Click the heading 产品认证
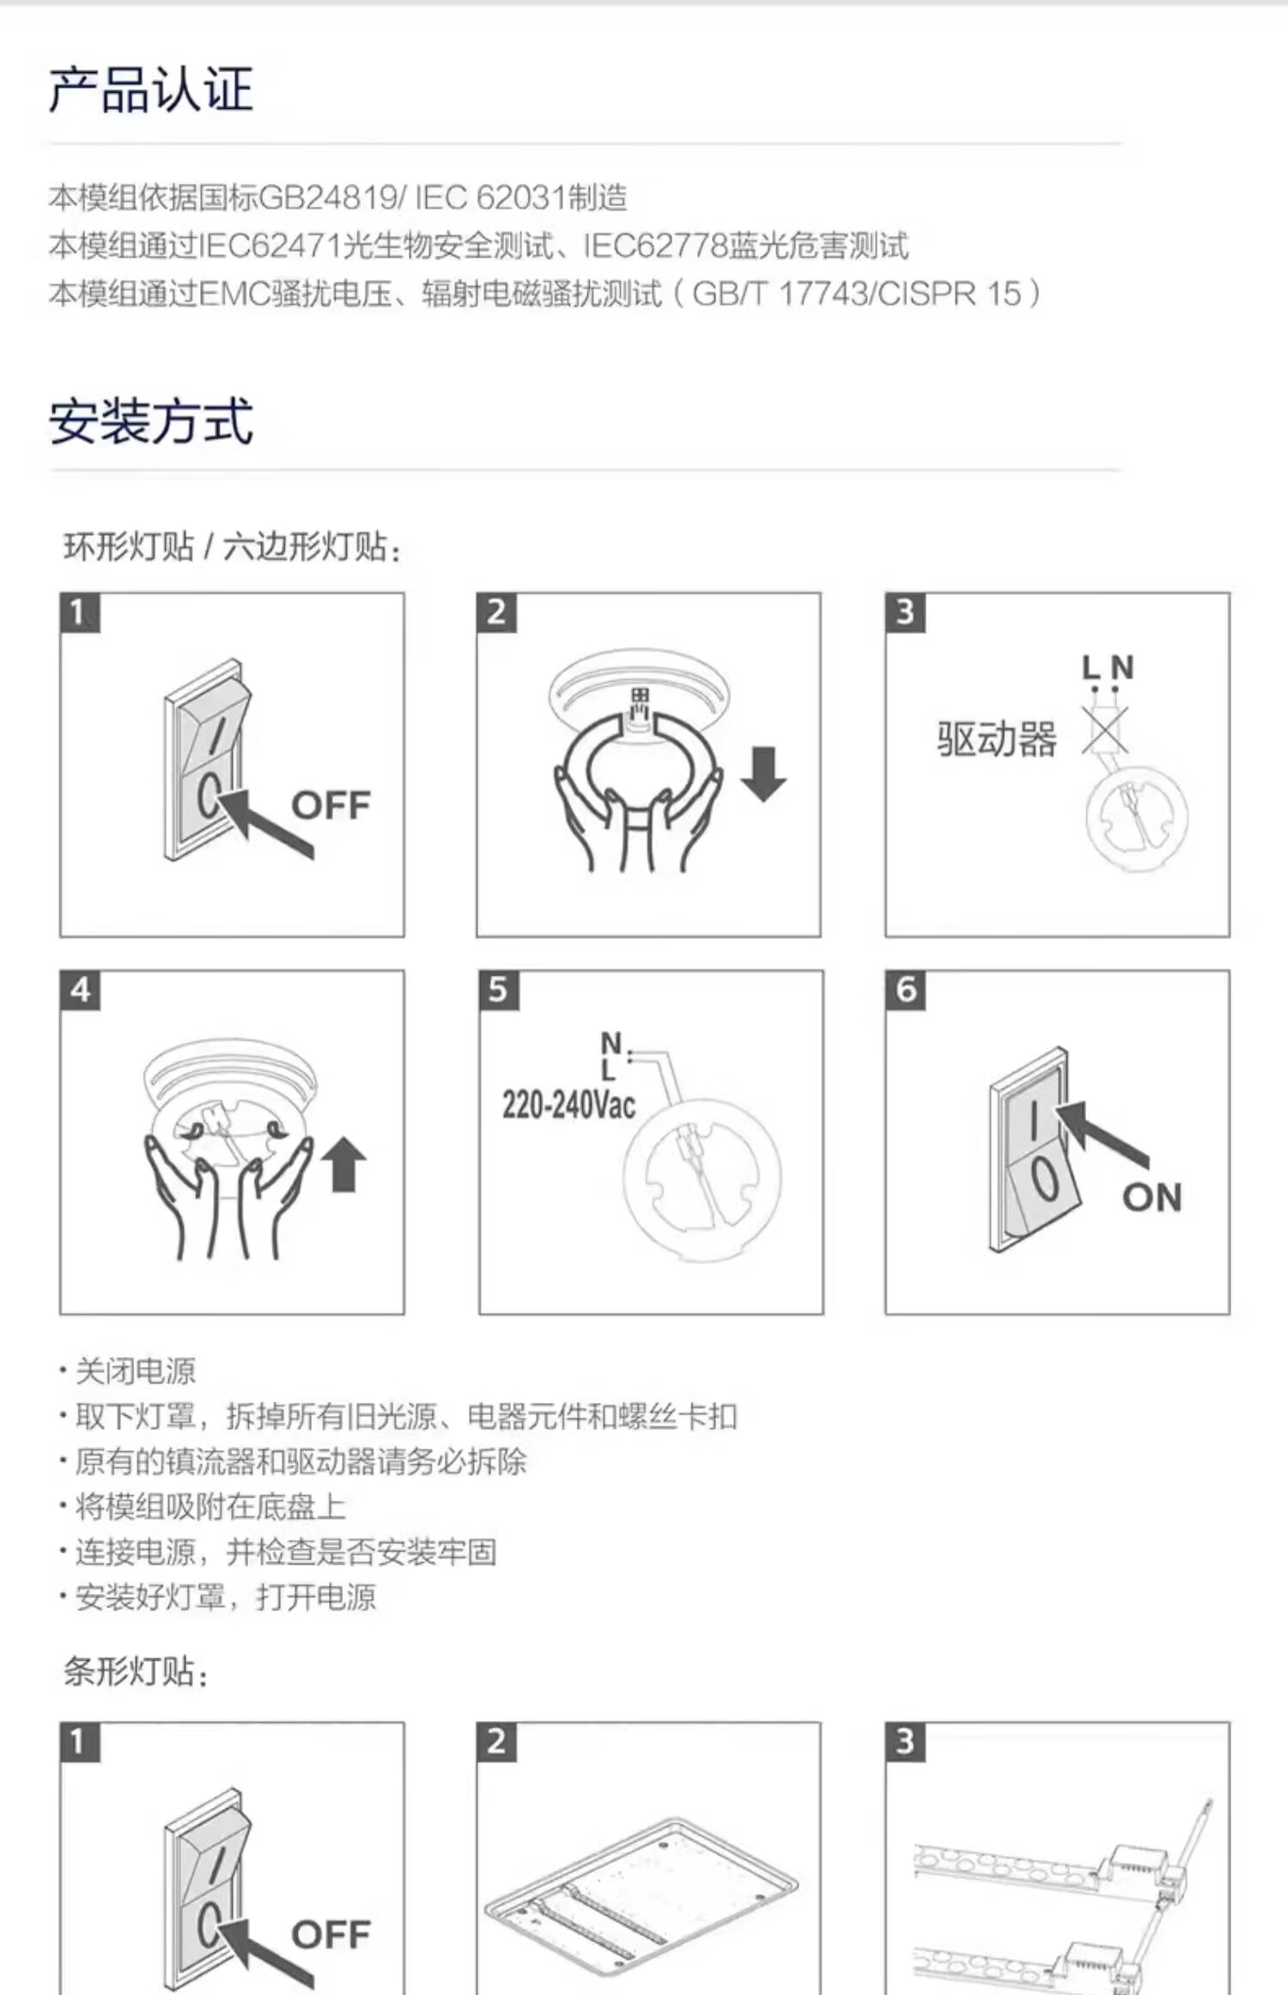click(x=151, y=90)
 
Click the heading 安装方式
click(x=151, y=421)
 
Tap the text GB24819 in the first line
click(x=327, y=198)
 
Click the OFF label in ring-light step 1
click(x=331, y=805)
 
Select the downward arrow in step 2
click(x=762, y=773)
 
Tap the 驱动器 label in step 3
click(x=996, y=739)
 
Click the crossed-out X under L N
click(x=1104, y=731)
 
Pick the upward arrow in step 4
click(x=343, y=1163)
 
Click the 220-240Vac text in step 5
click(x=568, y=1105)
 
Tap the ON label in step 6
click(x=1152, y=1197)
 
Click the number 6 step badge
click(x=906, y=990)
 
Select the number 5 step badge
click(x=498, y=990)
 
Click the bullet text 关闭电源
click(x=136, y=1370)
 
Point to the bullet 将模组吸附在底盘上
click(x=210, y=1506)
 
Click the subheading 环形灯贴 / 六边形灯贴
click(x=232, y=546)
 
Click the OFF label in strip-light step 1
click(x=331, y=1935)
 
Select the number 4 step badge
click(x=80, y=990)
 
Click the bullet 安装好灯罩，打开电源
click(x=226, y=1597)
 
